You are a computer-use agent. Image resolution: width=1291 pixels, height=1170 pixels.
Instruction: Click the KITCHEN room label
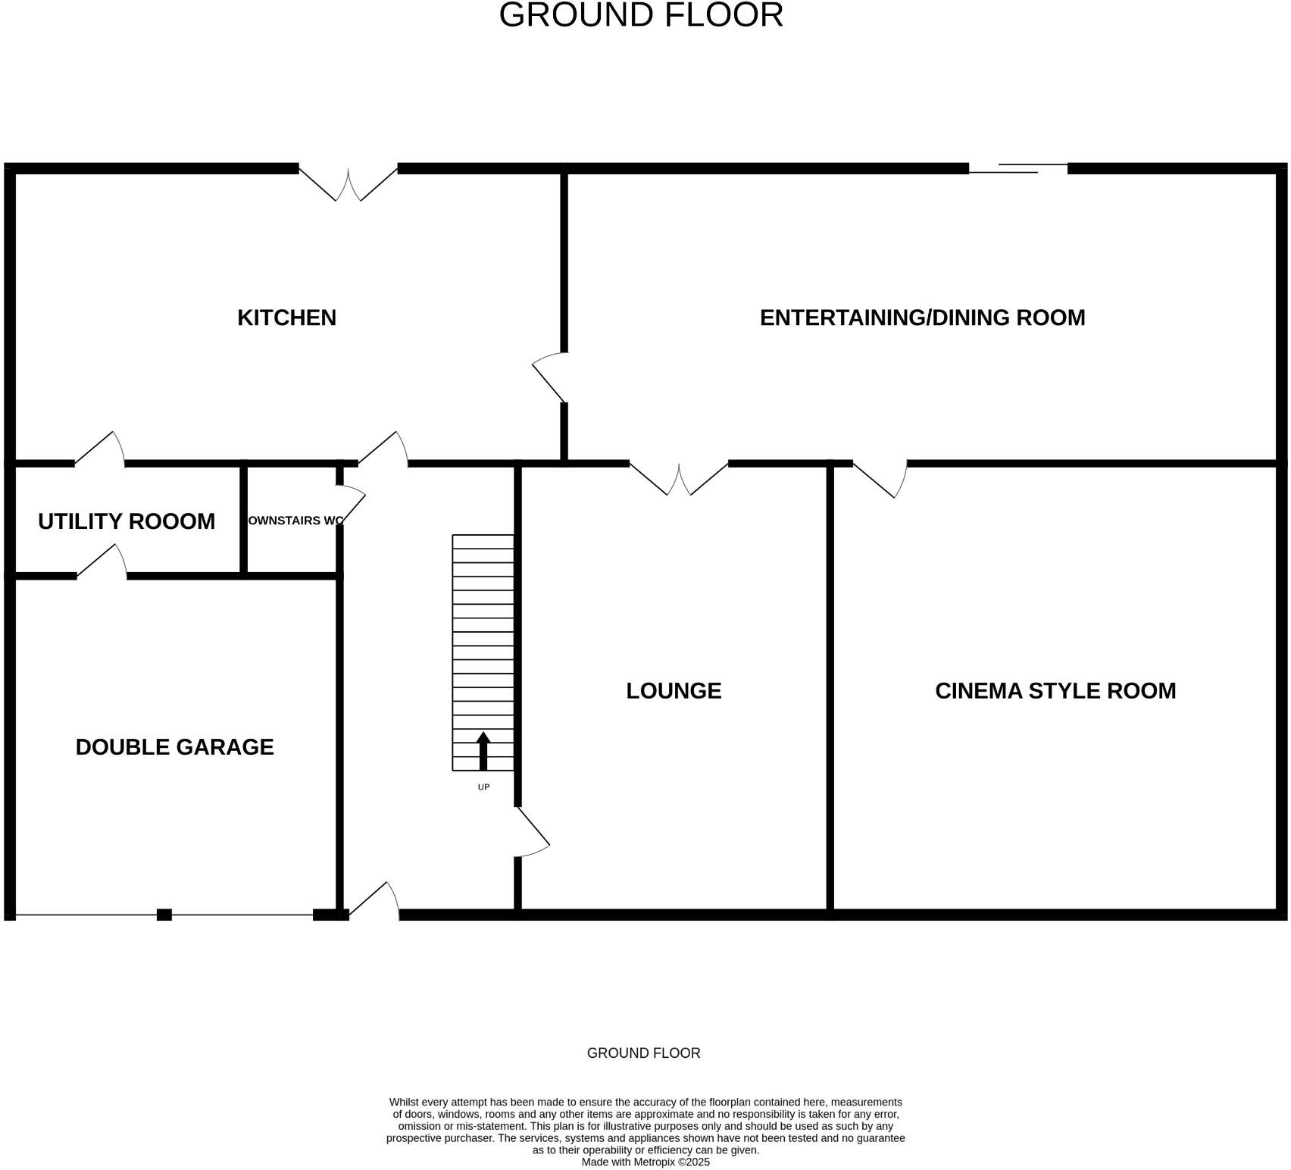(286, 318)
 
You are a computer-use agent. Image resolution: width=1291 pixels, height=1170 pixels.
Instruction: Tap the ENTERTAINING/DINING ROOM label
(922, 318)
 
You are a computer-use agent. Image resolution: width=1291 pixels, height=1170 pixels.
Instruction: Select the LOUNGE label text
(674, 690)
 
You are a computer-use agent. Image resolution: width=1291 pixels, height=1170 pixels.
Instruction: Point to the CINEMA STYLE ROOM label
(1055, 690)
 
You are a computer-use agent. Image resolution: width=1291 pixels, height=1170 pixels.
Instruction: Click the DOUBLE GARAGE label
(174, 747)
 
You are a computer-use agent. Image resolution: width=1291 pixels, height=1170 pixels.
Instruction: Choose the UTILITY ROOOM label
(127, 521)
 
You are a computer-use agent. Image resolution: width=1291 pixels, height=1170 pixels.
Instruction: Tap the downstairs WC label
(295, 521)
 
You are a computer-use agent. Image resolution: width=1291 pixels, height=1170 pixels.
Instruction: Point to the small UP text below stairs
(483, 787)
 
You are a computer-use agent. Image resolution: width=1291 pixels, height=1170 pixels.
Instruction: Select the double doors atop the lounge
(679, 479)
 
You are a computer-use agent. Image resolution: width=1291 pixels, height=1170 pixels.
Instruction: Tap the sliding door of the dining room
(1018, 168)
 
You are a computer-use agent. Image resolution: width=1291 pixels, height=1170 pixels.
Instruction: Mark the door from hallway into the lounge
(533, 832)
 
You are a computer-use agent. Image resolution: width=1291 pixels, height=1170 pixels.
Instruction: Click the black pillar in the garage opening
(164, 915)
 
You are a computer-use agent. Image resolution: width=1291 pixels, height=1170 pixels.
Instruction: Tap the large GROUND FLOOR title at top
(641, 15)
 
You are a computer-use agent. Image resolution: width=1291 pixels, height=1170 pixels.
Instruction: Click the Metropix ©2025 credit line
(645, 1162)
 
